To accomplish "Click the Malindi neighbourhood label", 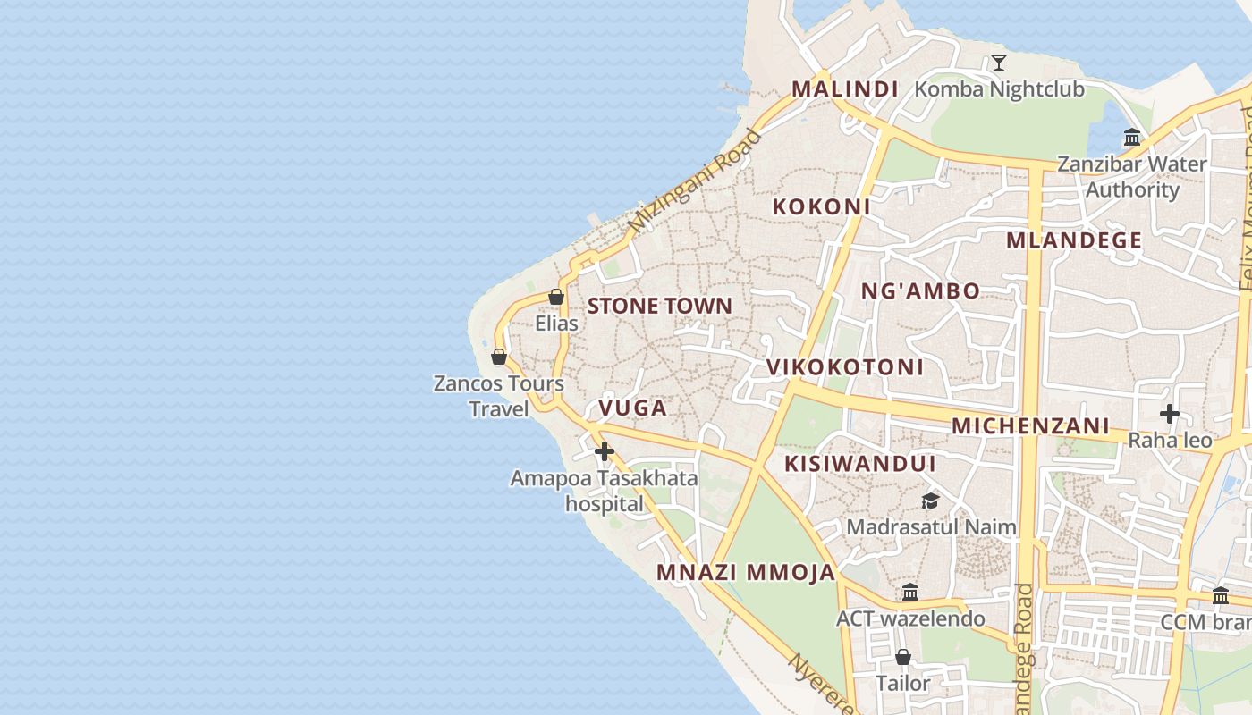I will (844, 89).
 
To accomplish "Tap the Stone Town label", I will (659, 306).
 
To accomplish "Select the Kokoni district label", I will (821, 206).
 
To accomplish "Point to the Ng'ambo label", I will (920, 290).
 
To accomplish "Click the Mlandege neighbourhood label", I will (1074, 240).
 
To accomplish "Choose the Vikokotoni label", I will (844, 367).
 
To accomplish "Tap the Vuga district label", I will (632, 408).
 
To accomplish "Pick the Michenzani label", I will (1030, 426).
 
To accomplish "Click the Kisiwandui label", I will (859, 464).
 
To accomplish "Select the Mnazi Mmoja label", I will (746, 573).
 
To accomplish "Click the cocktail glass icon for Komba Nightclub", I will (999, 63).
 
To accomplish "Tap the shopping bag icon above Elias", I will (556, 297).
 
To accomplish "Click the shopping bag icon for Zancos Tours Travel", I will (499, 357).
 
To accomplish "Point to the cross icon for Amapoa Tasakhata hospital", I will (605, 451).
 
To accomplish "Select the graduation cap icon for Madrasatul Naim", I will (931, 500).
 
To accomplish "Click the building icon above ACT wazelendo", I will (910, 592).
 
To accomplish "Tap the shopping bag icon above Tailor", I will (903, 657).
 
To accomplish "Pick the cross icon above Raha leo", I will (1169, 414).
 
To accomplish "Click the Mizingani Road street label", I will (694, 181).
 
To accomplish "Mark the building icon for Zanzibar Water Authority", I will (1132, 138).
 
